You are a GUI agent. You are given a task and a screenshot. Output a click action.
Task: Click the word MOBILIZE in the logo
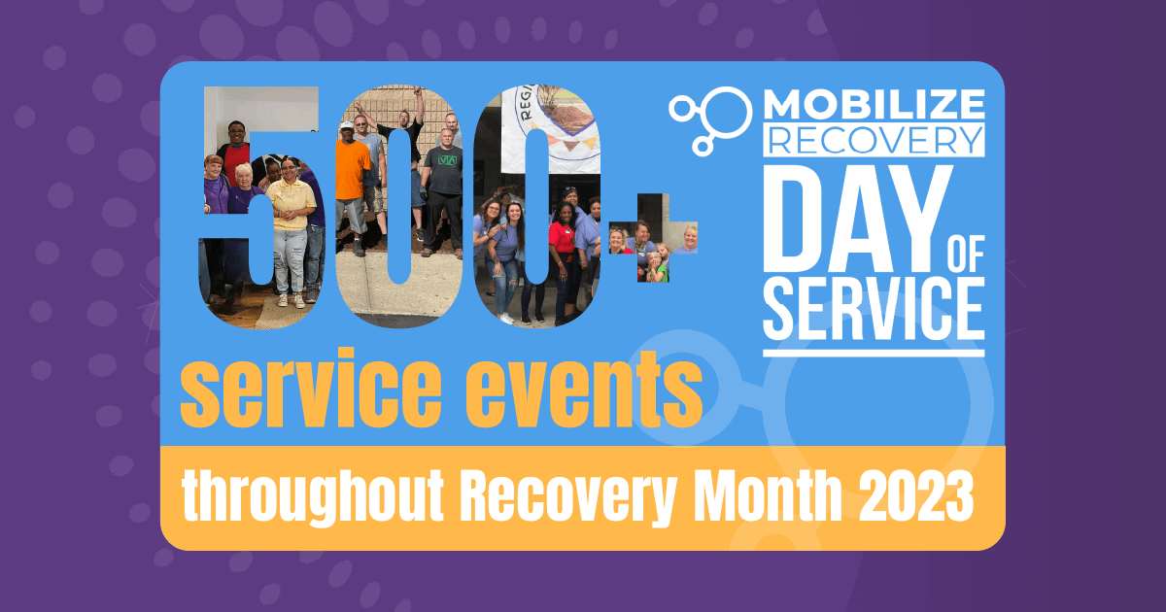pyautogui.click(x=874, y=104)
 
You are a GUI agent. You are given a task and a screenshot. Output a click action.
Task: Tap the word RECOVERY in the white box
pyautogui.click(x=874, y=140)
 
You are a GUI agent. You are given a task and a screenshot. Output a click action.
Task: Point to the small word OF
pyautogui.click(x=967, y=254)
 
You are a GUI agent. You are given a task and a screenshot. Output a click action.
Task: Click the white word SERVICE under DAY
pyautogui.click(x=874, y=309)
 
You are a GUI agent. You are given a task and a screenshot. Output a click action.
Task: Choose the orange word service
pyautogui.click(x=311, y=389)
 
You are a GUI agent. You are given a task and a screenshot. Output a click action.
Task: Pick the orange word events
pyautogui.click(x=584, y=389)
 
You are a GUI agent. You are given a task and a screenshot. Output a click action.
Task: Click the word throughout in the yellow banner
pyautogui.click(x=313, y=496)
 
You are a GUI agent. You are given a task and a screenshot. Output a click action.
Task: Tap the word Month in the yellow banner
pyautogui.click(x=768, y=494)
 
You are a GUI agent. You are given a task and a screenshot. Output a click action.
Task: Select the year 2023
pyautogui.click(x=915, y=496)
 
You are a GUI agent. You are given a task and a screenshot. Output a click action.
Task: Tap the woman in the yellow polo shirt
pyautogui.click(x=291, y=229)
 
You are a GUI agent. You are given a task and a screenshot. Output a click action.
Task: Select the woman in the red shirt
pyautogui.click(x=563, y=255)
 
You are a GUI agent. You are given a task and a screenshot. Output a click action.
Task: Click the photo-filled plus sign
pyautogui.click(x=653, y=238)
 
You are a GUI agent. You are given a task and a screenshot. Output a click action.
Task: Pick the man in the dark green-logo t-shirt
pyautogui.click(x=443, y=192)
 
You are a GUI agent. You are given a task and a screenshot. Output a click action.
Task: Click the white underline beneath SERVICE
pyautogui.click(x=874, y=354)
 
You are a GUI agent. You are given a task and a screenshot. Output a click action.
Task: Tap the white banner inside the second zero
pyautogui.click(x=550, y=129)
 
